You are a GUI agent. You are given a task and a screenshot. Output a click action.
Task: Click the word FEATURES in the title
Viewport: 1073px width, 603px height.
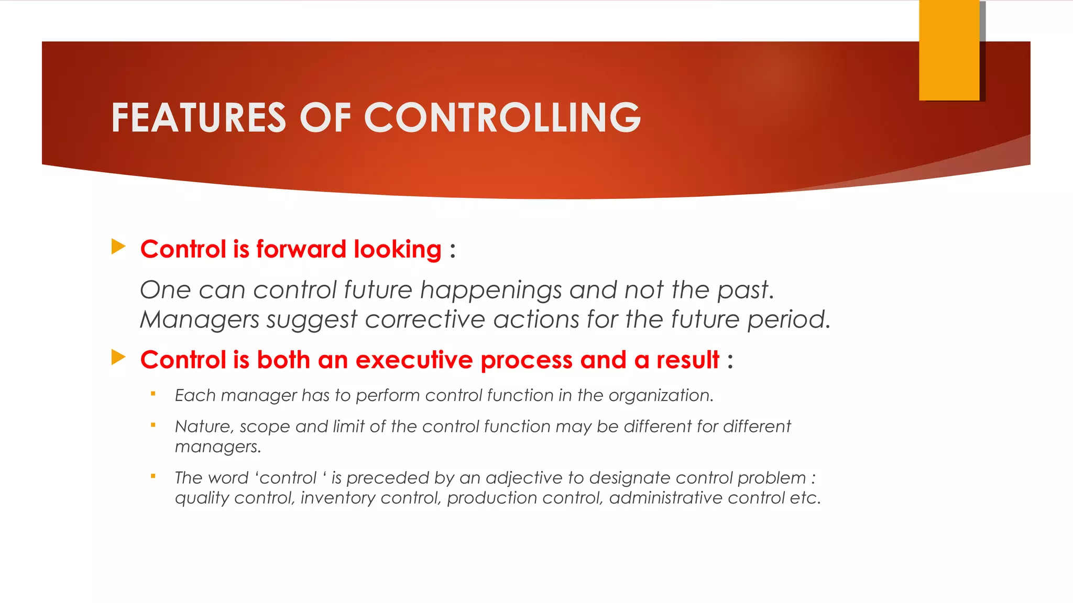click(199, 118)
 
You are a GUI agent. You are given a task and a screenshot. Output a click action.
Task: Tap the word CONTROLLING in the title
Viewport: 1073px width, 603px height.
click(502, 118)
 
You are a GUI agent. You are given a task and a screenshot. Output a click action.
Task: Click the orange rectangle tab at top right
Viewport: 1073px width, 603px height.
click(949, 50)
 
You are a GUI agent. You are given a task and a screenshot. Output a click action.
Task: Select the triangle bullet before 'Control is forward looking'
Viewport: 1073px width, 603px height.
click(118, 247)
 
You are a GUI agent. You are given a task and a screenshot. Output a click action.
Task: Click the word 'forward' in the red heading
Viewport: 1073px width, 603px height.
click(301, 249)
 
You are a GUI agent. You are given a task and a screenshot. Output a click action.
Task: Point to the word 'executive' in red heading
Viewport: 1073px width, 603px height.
click(414, 360)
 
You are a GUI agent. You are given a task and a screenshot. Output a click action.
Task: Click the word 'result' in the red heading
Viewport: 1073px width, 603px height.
click(687, 360)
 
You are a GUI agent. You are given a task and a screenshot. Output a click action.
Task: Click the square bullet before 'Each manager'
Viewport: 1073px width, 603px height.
click(153, 394)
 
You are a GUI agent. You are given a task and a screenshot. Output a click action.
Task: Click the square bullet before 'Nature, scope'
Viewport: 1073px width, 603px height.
click(153, 425)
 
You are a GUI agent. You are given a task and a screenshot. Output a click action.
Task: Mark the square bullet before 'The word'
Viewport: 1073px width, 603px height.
click(153, 476)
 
